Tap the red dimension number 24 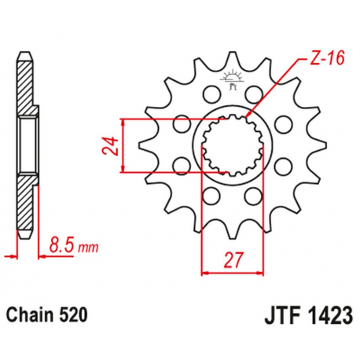pos(110,145)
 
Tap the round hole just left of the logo pos(209,95)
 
